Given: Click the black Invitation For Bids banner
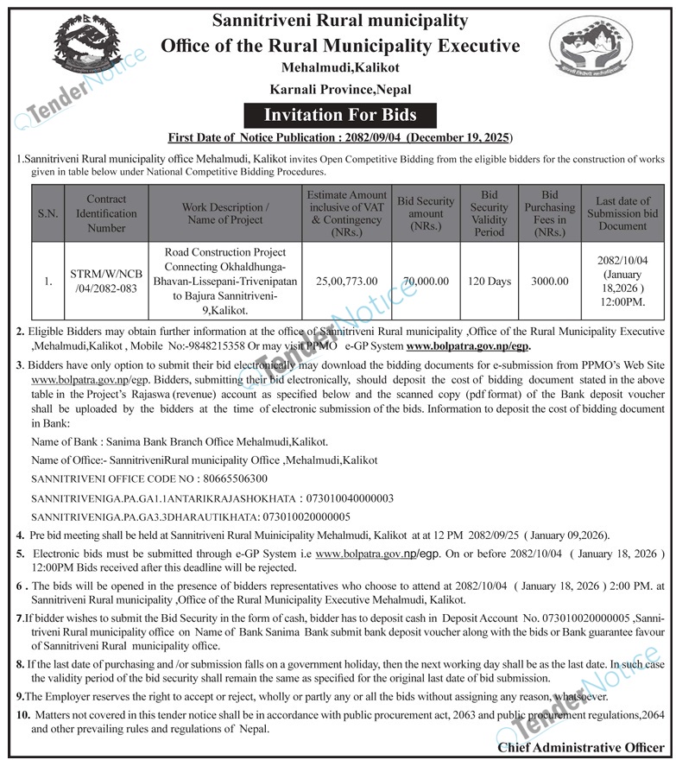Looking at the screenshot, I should click(x=339, y=114).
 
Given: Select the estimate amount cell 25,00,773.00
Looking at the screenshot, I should click(x=345, y=282).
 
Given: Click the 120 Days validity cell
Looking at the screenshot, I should click(x=490, y=282).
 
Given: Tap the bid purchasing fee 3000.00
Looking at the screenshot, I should click(x=550, y=282).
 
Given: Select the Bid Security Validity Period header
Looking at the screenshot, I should click(x=490, y=213).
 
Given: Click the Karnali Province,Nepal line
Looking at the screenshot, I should click(x=340, y=89).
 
